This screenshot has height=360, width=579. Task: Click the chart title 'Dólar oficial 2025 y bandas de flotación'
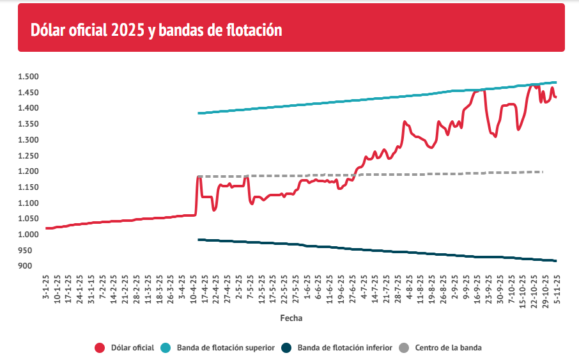point(157,30)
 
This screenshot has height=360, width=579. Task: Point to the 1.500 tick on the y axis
point(29,77)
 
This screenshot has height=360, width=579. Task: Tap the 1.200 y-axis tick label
point(29,171)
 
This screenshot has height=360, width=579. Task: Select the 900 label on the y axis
point(33,266)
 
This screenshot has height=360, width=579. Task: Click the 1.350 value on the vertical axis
point(29,124)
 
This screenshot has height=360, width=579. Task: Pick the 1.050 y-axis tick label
point(29,219)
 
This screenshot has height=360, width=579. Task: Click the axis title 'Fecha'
point(291,318)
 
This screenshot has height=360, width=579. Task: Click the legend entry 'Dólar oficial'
point(132,348)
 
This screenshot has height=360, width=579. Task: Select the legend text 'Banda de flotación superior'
point(226,348)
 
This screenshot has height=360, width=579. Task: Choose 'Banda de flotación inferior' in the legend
point(344,348)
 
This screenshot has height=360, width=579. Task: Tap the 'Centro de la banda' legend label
point(448,348)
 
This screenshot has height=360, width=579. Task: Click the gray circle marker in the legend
point(403,348)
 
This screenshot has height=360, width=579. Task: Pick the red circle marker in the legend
point(100,348)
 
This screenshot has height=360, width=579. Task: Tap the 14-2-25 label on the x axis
point(114,290)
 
